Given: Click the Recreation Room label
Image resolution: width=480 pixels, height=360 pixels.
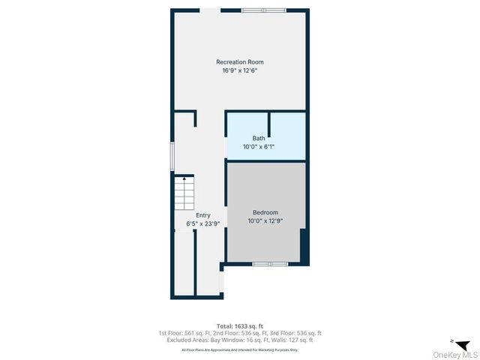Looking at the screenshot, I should click(x=240, y=61).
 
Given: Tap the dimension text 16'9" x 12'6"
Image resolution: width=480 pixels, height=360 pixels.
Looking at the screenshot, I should click(x=240, y=70).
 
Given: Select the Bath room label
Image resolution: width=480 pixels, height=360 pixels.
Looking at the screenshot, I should click(x=259, y=138).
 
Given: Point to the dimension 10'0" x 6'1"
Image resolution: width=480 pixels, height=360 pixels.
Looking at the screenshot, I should click(x=259, y=147).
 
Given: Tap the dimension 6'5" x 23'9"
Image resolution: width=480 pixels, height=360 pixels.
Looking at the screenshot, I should click(x=202, y=223).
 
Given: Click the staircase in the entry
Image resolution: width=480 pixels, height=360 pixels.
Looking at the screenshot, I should click(x=184, y=195).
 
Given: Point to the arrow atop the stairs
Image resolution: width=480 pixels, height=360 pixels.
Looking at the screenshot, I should click(x=184, y=179).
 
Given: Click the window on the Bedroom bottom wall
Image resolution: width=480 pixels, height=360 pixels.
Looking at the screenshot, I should click(x=270, y=264).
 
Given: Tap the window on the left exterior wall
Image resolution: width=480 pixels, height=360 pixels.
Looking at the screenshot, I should click(x=172, y=155).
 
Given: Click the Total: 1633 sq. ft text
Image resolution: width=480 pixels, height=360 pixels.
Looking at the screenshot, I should click(x=240, y=326).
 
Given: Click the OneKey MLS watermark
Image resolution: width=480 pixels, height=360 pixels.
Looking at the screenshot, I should click(x=454, y=354).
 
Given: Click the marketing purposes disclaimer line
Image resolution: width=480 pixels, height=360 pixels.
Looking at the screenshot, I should click(x=240, y=349).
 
